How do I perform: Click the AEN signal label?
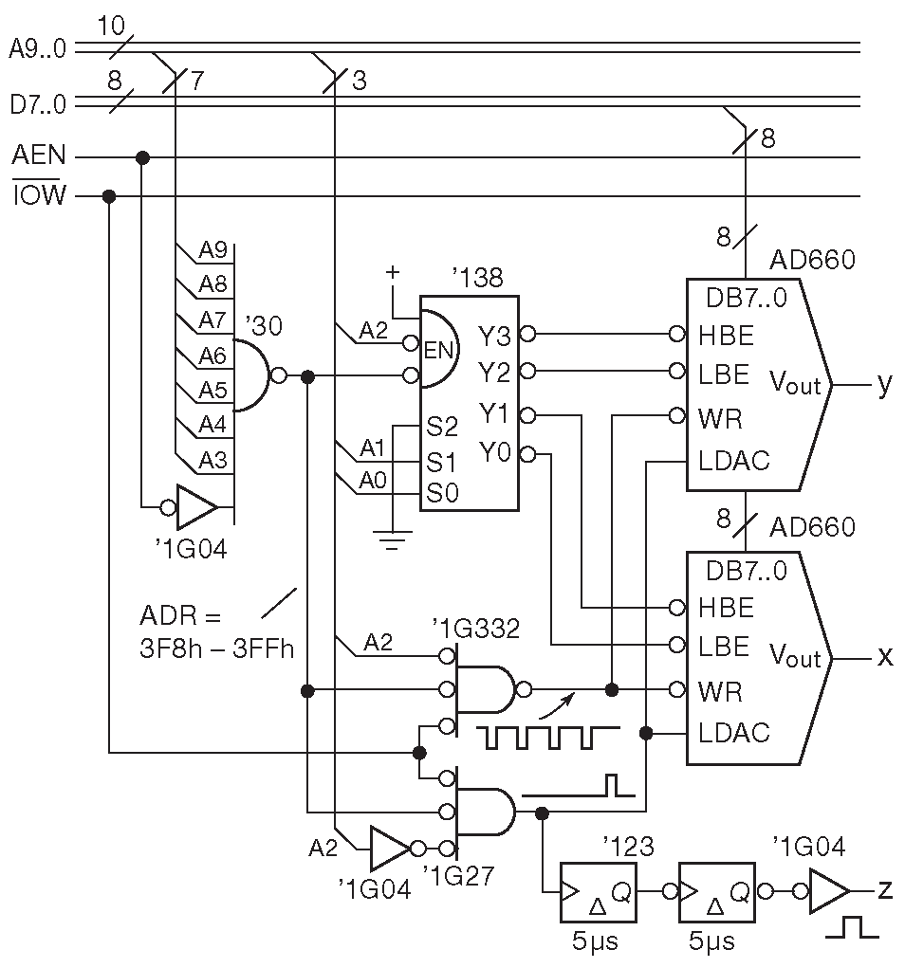(38, 155)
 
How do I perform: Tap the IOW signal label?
(39, 194)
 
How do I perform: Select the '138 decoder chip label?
(477, 278)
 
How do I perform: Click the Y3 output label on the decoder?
(494, 336)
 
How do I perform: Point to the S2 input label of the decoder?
(442, 426)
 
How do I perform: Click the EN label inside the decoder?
(438, 351)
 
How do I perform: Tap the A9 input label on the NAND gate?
(213, 249)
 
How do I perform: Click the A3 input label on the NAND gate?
(213, 460)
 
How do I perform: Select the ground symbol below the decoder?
(392, 539)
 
